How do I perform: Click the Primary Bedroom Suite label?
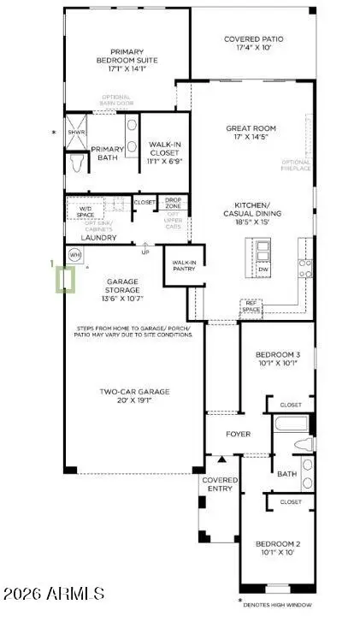124,55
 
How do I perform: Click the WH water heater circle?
74,254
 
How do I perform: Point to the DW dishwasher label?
263,270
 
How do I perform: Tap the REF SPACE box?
251,306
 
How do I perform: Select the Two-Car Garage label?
134,396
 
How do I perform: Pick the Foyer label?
238,434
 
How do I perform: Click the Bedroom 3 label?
278,359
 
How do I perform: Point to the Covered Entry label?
219,485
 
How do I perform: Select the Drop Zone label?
173,202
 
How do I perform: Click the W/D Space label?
86,210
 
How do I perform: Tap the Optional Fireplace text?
296,167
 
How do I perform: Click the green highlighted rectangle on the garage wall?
64,280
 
